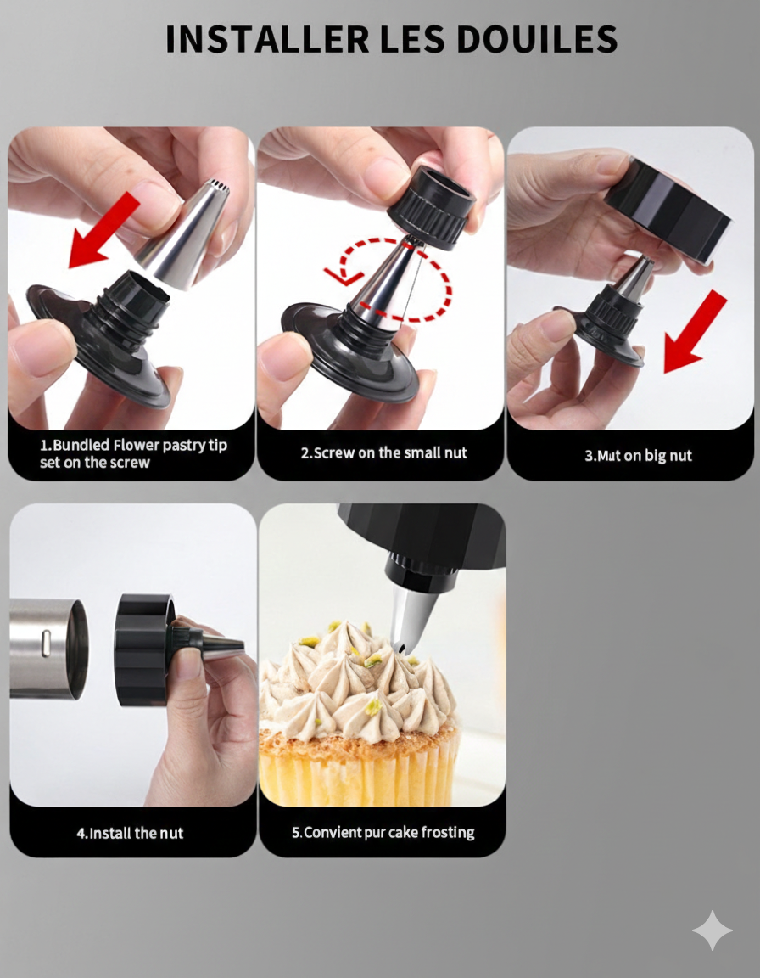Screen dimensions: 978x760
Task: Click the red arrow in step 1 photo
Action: click(103, 230)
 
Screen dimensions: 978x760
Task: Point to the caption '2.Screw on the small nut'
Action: click(383, 453)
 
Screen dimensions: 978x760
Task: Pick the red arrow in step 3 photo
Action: click(695, 332)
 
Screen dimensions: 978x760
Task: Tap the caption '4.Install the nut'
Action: click(130, 833)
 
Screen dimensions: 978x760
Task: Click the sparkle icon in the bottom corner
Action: click(712, 930)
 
